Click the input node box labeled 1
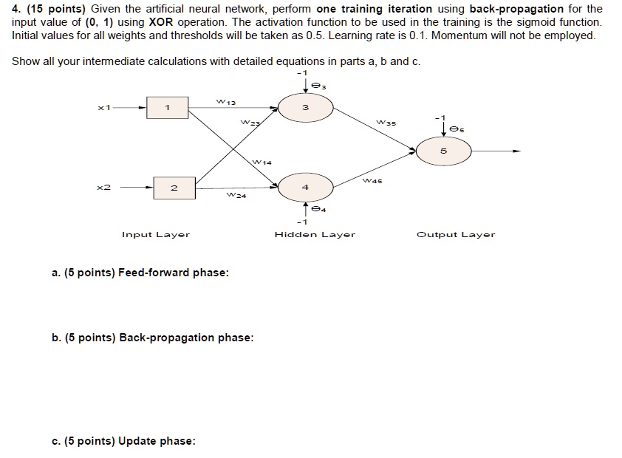pos(168,108)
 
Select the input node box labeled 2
pos(174,188)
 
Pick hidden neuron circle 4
pos(305,188)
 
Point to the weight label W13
pos(224,100)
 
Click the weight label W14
pos(262,161)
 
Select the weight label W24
pos(236,196)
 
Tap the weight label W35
pos(386,122)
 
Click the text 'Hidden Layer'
pos(315,235)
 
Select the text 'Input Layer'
pos(156,235)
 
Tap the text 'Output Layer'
pos(456,235)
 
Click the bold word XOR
pos(161,22)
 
